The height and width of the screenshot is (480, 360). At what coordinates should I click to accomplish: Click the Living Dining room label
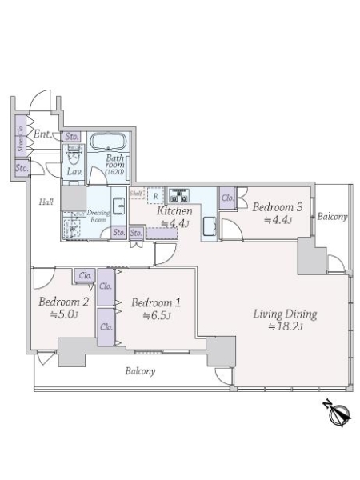click(285, 314)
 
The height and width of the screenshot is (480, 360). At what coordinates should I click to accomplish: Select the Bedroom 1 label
click(155, 303)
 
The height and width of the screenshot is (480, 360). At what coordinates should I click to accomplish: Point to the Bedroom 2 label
click(62, 302)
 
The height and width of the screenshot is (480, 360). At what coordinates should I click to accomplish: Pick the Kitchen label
click(174, 211)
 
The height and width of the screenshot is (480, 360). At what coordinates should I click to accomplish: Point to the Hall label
click(46, 202)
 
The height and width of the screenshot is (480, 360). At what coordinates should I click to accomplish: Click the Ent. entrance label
click(43, 134)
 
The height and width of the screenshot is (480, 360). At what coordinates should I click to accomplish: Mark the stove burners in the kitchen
click(177, 194)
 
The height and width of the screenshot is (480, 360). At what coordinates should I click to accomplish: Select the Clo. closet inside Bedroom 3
click(226, 198)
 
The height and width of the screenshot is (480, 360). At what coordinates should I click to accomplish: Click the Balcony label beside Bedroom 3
click(331, 217)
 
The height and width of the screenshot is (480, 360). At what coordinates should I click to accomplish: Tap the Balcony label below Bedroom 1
click(139, 371)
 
